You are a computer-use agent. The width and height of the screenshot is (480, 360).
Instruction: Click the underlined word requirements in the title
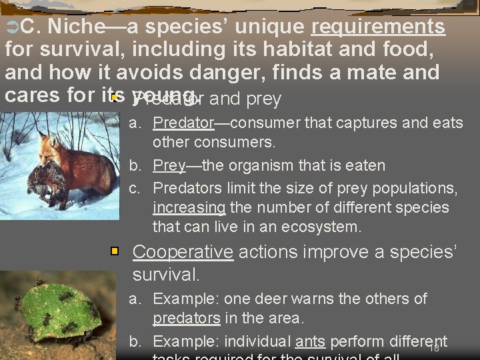click(378, 27)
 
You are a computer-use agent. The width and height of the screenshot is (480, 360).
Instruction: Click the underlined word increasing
click(189, 207)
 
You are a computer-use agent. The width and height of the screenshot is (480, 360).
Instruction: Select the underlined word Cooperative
click(183, 252)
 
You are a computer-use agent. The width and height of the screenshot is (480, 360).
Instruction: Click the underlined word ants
click(310, 341)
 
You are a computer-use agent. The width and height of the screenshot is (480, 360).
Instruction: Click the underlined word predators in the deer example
click(187, 318)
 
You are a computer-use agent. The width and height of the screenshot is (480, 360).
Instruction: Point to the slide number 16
click(433, 348)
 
